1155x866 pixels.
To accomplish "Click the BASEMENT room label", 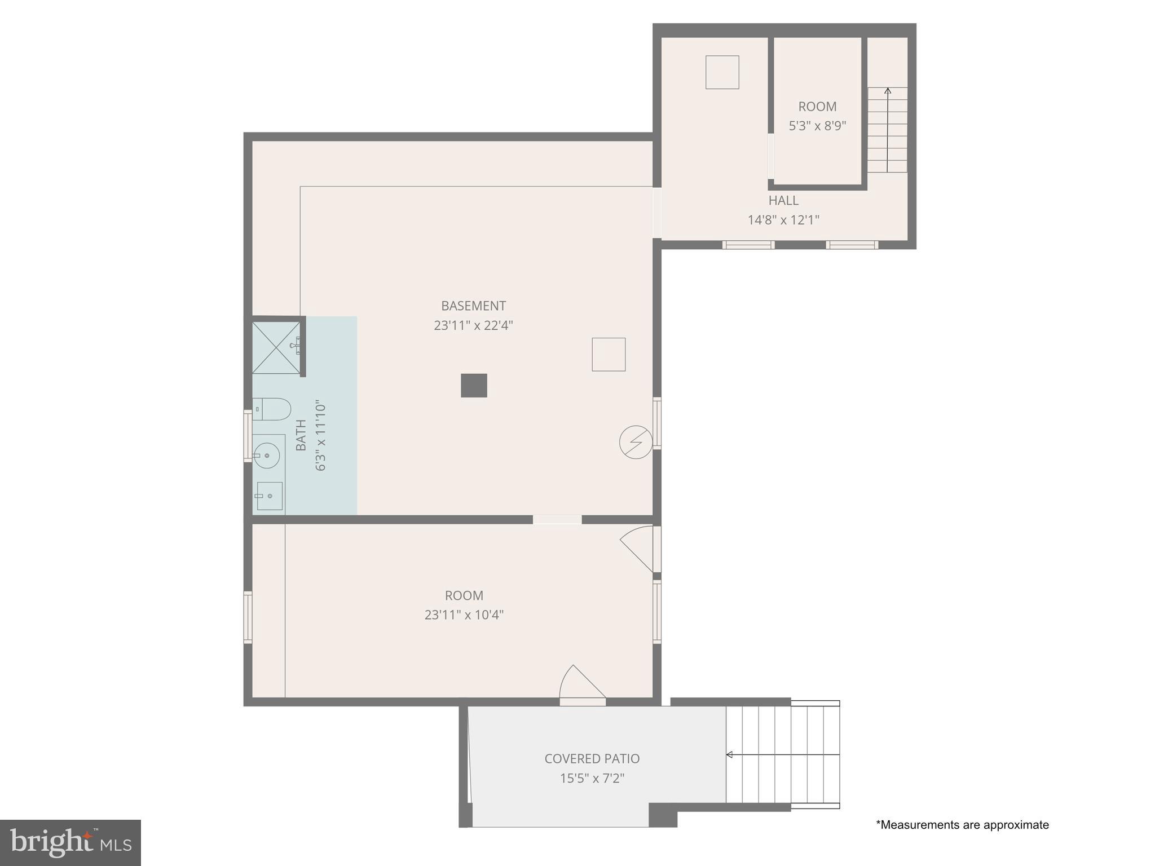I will (x=473, y=306).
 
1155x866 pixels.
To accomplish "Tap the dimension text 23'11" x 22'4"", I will (x=473, y=325).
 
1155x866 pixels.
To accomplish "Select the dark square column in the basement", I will (x=474, y=386).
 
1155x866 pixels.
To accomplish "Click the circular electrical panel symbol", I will (x=636, y=442).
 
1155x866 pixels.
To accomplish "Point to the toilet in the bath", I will (x=272, y=409).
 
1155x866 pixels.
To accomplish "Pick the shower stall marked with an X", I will (x=276, y=347).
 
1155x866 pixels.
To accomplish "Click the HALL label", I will (x=783, y=200).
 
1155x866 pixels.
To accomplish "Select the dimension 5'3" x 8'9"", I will (x=817, y=126).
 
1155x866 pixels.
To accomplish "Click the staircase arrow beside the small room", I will (x=887, y=129).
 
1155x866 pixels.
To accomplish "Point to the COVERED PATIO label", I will (x=592, y=759).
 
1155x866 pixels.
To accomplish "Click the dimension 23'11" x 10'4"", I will (x=464, y=615).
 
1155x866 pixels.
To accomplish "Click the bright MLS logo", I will (x=70, y=843).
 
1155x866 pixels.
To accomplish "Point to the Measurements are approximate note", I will (x=962, y=825).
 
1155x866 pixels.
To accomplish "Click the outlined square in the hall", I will (x=722, y=72).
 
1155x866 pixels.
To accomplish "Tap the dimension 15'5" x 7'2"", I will (x=592, y=779).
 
